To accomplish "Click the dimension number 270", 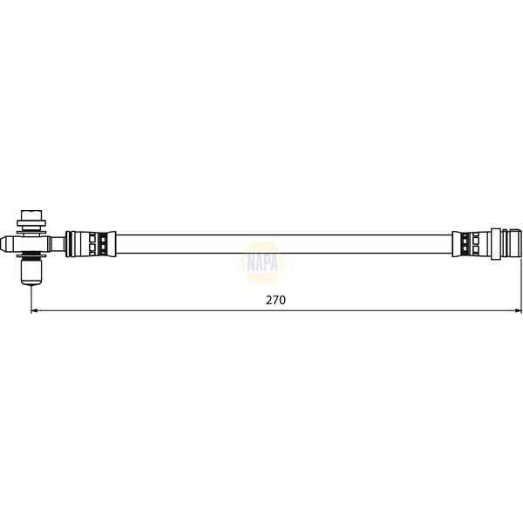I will click(x=276, y=299).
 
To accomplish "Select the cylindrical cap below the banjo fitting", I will click(x=32, y=273).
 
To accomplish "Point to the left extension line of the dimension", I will click(x=31, y=296).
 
